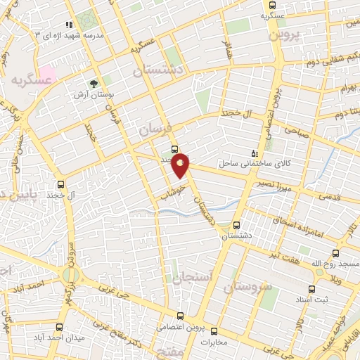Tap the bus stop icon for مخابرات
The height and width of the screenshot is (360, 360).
[x=214, y=331]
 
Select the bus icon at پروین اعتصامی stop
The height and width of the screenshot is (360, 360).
[x=181, y=316]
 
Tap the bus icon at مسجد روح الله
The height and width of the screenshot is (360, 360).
[x=335, y=253]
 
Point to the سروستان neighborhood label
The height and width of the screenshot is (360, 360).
[x=247, y=286]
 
